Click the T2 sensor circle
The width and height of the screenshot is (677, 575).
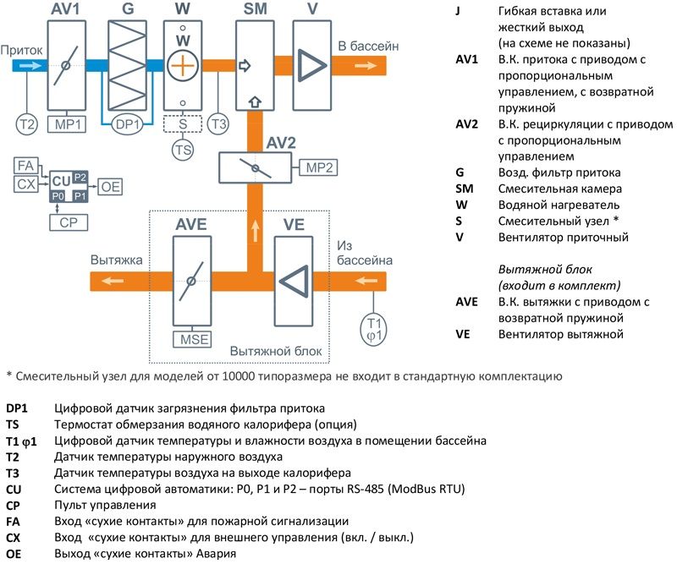[27, 124]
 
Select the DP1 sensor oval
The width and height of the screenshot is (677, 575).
[129, 124]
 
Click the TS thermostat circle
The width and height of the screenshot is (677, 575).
[183, 150]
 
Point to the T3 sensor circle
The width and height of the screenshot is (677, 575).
[219, 124]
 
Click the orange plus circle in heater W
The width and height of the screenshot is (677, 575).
[183, 65]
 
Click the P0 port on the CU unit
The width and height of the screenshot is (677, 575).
[58, 195]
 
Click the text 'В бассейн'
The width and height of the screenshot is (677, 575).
[368, 44]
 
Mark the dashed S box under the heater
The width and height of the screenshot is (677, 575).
[183, 123]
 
